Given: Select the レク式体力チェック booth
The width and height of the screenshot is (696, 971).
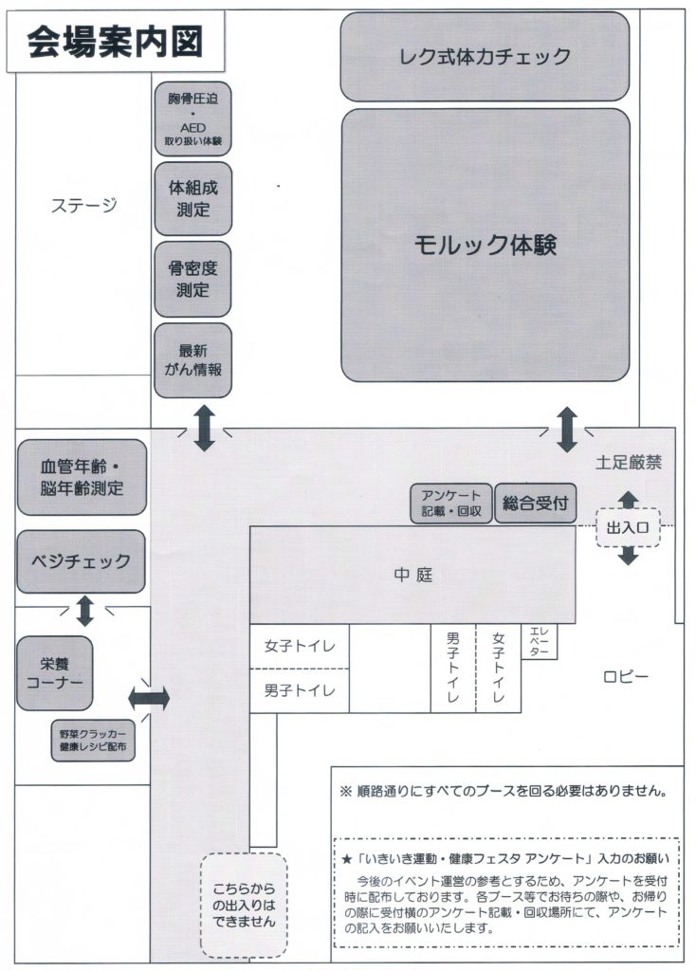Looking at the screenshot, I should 485,56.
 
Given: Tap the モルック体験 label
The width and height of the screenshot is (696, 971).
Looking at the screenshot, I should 485,245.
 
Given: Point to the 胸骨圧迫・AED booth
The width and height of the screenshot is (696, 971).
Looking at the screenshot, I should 193,119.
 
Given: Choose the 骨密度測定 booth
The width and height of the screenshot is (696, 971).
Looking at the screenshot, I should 193,279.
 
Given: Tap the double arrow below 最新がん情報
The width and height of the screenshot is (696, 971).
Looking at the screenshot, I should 204,427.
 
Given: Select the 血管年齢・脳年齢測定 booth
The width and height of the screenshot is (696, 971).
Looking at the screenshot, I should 82,477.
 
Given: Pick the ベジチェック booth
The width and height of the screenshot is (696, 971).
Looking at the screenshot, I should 82,561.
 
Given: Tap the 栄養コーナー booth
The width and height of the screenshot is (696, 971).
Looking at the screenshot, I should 55,672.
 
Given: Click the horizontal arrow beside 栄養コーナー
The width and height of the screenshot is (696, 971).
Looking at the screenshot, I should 149,699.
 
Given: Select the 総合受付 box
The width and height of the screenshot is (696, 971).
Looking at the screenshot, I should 536,504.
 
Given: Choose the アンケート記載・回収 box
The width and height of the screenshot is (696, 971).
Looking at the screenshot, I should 451,504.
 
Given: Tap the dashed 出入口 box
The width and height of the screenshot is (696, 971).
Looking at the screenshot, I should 627,527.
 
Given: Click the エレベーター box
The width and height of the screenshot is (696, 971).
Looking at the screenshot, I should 539,641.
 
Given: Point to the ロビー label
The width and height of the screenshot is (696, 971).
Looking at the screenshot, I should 625,676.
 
